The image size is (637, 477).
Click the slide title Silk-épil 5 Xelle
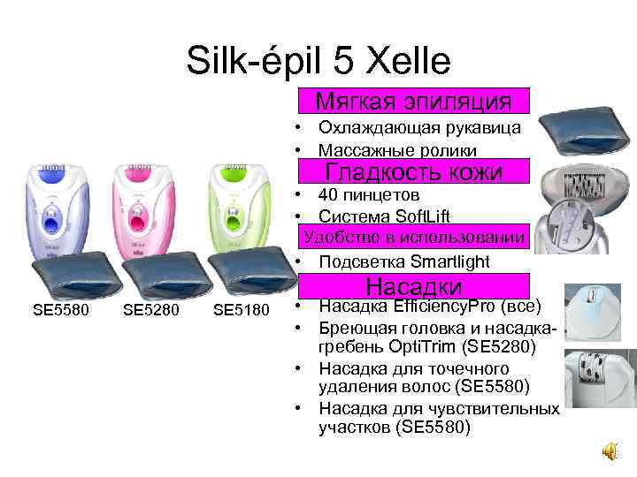318,60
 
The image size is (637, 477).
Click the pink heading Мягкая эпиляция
414,100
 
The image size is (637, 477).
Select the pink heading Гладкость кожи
414,171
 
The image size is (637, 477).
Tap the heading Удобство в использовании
414,238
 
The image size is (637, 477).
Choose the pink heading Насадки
414,286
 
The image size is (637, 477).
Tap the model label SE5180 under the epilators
240,310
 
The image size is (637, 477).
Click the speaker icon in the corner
611,451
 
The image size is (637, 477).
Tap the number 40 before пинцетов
330,194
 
